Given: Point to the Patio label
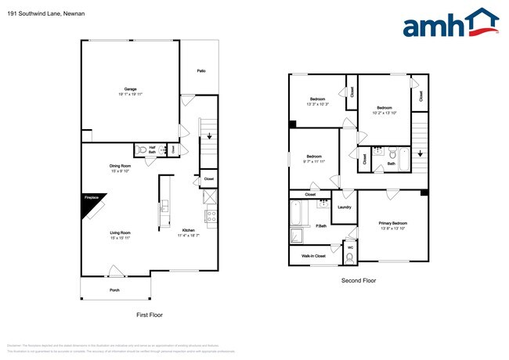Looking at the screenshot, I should point(201,71).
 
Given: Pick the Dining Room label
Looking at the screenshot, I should point(120,166).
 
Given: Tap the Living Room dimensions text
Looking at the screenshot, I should point(120,238).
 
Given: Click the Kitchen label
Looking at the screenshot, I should point(188,230).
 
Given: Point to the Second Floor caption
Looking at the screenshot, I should point(359,280).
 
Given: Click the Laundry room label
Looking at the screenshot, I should point(344,207).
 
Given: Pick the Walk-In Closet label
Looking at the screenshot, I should point(313,255).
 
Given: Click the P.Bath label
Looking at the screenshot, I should point(321,226).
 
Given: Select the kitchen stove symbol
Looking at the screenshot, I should point(211,215).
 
